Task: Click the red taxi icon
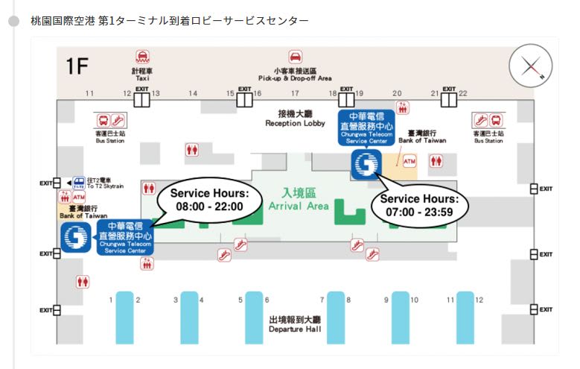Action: point(141,57)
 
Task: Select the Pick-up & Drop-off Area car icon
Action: point(296,57)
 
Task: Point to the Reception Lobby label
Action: point(296,119)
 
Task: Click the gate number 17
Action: point(295,93)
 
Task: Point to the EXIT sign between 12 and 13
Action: point(141,92)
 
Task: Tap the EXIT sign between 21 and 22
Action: point(448,92)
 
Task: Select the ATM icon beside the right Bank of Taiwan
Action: point(409,161)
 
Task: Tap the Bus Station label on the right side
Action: point(489,137)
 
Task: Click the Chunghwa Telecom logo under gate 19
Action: point(366,165)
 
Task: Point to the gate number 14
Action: point(193,93)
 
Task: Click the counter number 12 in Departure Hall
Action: point(479,300)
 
